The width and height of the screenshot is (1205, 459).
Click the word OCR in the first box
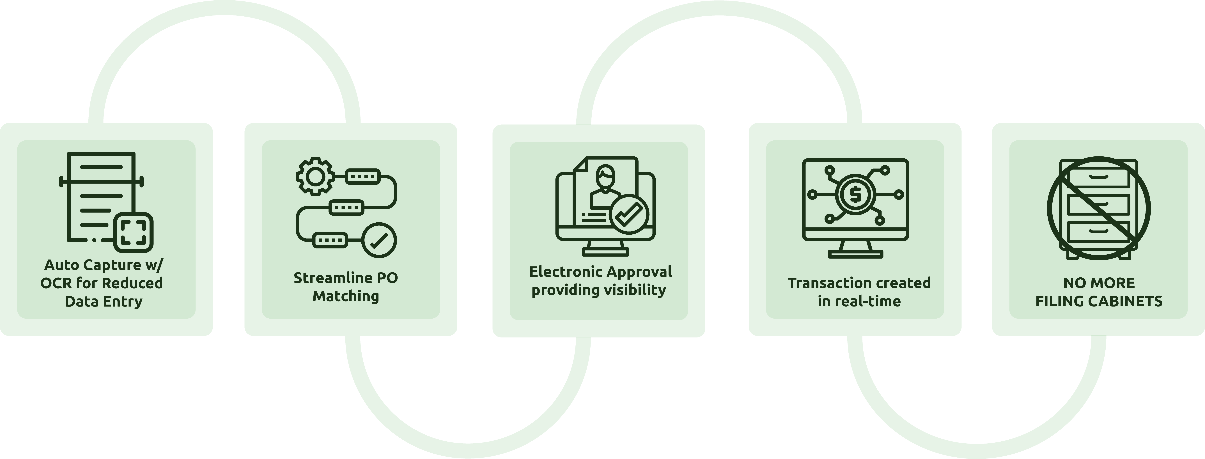(56, 283)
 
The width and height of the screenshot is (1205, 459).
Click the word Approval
(639, 272)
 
